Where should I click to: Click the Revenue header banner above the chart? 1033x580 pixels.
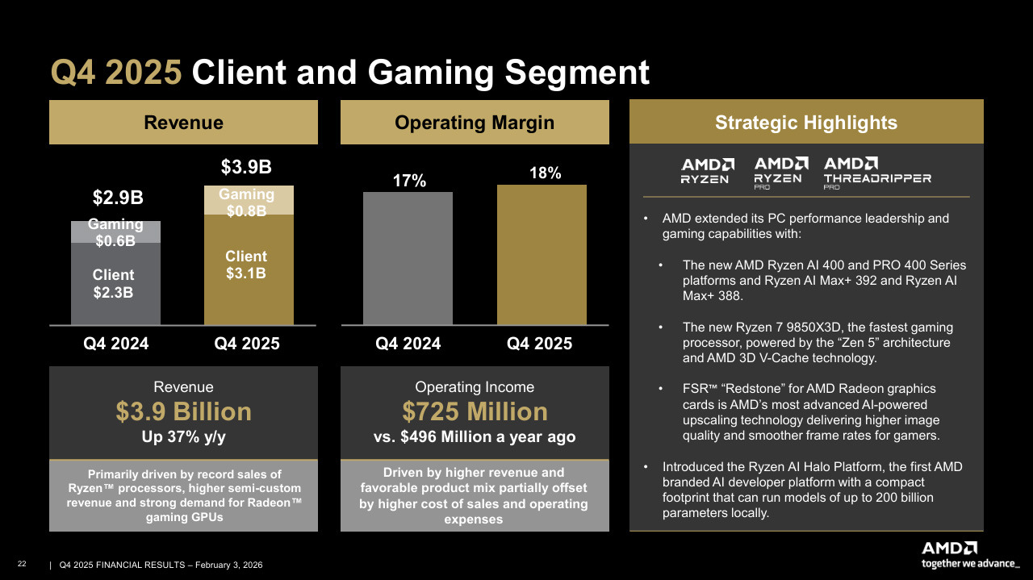point(183,123)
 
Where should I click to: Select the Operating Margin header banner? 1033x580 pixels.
point(475,123)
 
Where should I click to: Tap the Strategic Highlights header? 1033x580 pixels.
point(805,123)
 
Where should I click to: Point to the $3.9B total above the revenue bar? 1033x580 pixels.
point(246,167)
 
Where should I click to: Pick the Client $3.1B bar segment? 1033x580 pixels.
point(246,266)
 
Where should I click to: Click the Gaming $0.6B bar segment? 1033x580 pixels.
point(115,232)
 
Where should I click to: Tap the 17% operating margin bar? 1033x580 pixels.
point(408,258)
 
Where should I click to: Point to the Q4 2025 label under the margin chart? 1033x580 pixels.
point(539,344)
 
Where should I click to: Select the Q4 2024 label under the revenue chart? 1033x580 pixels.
point(116,344)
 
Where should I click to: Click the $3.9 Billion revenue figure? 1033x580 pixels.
point(183,412)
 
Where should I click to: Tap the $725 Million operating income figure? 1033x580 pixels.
point(475,412)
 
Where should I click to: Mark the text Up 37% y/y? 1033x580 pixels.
point(183,436)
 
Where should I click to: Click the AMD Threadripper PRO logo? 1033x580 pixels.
point(876,172)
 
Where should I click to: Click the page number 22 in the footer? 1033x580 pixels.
point(22,564)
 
